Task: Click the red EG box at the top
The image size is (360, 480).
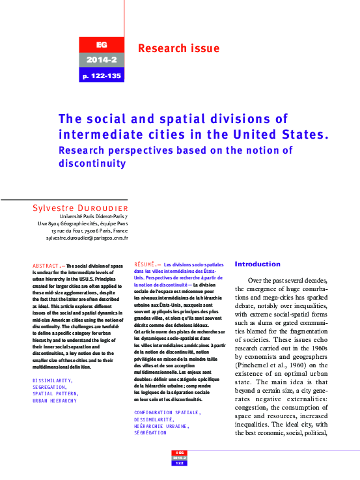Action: point(100,45)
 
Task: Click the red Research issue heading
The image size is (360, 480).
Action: point(178,48)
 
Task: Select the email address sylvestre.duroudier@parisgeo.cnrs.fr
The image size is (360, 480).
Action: point(87,238)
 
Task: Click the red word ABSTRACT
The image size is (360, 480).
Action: point(46,266)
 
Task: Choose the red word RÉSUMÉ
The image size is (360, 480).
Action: point(144,265)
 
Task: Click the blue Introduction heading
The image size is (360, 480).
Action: point(258,264)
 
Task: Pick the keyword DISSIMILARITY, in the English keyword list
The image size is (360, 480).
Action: point(53,379)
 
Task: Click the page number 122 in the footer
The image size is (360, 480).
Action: point(180,463)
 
